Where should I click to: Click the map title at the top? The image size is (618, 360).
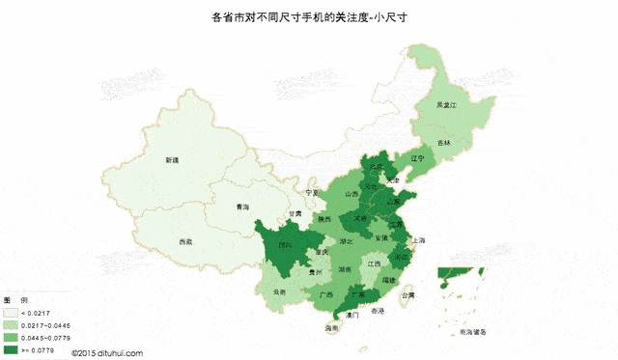(310, 17)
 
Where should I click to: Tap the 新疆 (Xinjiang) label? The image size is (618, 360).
(172, 160)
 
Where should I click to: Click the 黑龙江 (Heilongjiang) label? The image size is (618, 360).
(445, 104)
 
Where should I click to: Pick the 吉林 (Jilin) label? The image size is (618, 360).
(441, 143)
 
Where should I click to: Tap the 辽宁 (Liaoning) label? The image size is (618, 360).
(417, 157)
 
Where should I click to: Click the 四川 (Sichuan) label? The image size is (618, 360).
(284, 246)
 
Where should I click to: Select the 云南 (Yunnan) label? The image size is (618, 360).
(280, 291)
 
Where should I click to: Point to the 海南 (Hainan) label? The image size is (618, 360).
(332, 328)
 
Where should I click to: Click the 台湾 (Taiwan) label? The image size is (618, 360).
(407, 295)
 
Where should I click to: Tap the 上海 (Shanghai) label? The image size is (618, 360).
(417, 239)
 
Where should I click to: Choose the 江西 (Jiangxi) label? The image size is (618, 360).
(374, 263)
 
